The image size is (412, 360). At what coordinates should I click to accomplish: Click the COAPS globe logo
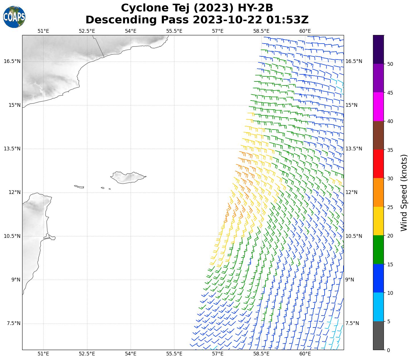[x=14, y=17]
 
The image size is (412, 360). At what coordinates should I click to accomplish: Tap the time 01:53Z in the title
[x=287, y=20]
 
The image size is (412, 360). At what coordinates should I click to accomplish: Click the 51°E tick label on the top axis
[x=43, y=31]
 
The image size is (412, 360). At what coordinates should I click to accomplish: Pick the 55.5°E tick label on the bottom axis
[x=174, y=354]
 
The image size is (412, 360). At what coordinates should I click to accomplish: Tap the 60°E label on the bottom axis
[x=305, y=354]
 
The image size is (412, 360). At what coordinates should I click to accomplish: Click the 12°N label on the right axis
[x=351, y=192]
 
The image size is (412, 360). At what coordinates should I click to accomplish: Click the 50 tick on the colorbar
[x=390, y=64]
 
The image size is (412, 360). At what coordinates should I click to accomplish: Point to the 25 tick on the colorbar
[x=390, y=207]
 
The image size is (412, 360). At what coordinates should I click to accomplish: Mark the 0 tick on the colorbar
[x=389, y=350]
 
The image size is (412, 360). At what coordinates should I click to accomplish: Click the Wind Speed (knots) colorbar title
[x=404, y=193]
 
